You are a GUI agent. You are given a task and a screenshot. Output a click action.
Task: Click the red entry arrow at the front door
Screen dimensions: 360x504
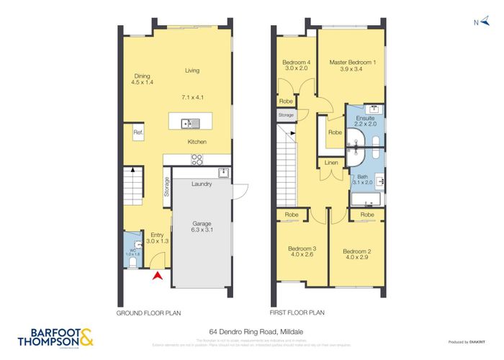click(158, 274)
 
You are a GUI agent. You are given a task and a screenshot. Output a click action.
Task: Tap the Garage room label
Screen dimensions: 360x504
click(201, 227)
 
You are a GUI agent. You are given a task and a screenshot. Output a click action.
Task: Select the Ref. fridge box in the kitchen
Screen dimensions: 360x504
click(138, 133)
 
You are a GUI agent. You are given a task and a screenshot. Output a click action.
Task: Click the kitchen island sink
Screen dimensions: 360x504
click(186, 122)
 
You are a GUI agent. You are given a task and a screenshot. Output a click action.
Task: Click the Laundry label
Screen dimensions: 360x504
click(201, 184)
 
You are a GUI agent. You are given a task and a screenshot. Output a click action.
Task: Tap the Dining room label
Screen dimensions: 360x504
click(142, 79)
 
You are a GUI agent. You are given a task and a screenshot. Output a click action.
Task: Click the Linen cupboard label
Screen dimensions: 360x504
click(331, 163)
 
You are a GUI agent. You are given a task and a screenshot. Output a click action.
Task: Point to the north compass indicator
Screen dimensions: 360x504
click(477, 22)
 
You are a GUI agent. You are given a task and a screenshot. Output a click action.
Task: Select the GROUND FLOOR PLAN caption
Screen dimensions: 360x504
click(148, 313)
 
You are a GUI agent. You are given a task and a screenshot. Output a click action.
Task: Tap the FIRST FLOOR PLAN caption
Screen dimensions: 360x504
click(297, 313)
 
